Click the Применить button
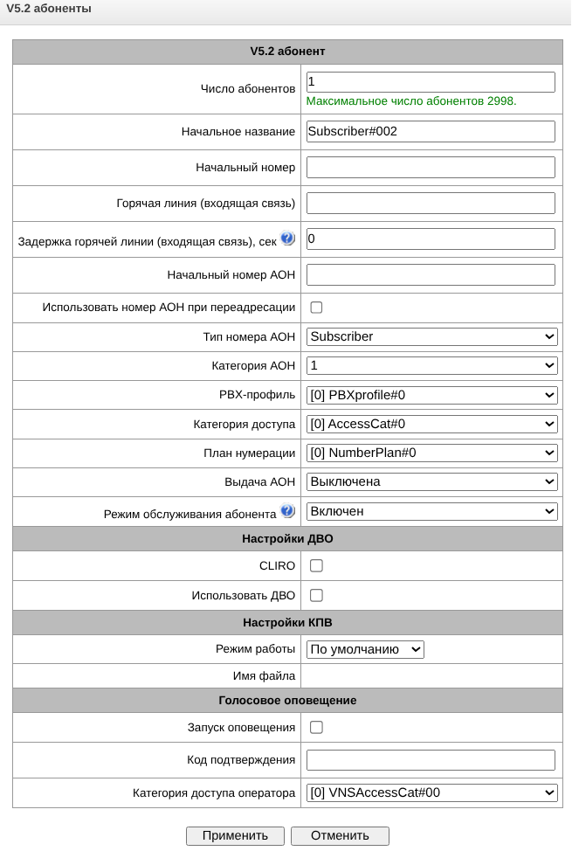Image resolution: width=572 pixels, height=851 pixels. tap(234, 835)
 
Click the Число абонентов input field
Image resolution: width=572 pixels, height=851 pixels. tap(431, 82)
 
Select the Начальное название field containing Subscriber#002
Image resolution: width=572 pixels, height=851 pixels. tap(431, 131)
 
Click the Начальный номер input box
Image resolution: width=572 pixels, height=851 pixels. tap(431, 167)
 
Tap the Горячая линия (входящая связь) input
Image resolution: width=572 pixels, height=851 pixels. tap(431, 203)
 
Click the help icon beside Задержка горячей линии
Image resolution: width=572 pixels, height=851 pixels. tap(287, 239)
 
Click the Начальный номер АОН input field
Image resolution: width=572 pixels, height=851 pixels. tap(431, 274)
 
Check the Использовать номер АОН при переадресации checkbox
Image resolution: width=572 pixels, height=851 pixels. tap(316, 308)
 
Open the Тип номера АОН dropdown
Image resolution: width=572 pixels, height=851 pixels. tap(431, 336)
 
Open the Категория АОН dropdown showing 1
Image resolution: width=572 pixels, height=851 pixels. tap(431, 365)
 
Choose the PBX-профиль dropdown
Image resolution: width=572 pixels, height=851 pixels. tap(431, 395)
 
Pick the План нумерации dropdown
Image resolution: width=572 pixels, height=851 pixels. tap(431, 453)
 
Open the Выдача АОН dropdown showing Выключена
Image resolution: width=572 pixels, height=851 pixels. tap(431, 481)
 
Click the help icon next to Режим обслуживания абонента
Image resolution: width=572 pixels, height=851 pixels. tap(287, 511)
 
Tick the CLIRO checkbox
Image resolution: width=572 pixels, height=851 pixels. tap(316, 565)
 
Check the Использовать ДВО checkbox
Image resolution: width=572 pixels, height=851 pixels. tap(316, 595)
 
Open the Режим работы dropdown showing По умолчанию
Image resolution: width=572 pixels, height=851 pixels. tap(365, 649)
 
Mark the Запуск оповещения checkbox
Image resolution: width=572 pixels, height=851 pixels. tap(316, 727)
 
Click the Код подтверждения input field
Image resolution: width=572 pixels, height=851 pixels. tap(431, 759)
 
